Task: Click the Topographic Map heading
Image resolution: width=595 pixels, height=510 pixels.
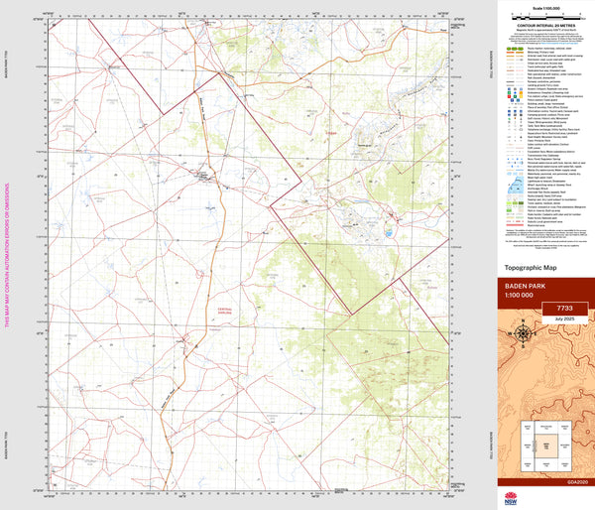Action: coord(532,268)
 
